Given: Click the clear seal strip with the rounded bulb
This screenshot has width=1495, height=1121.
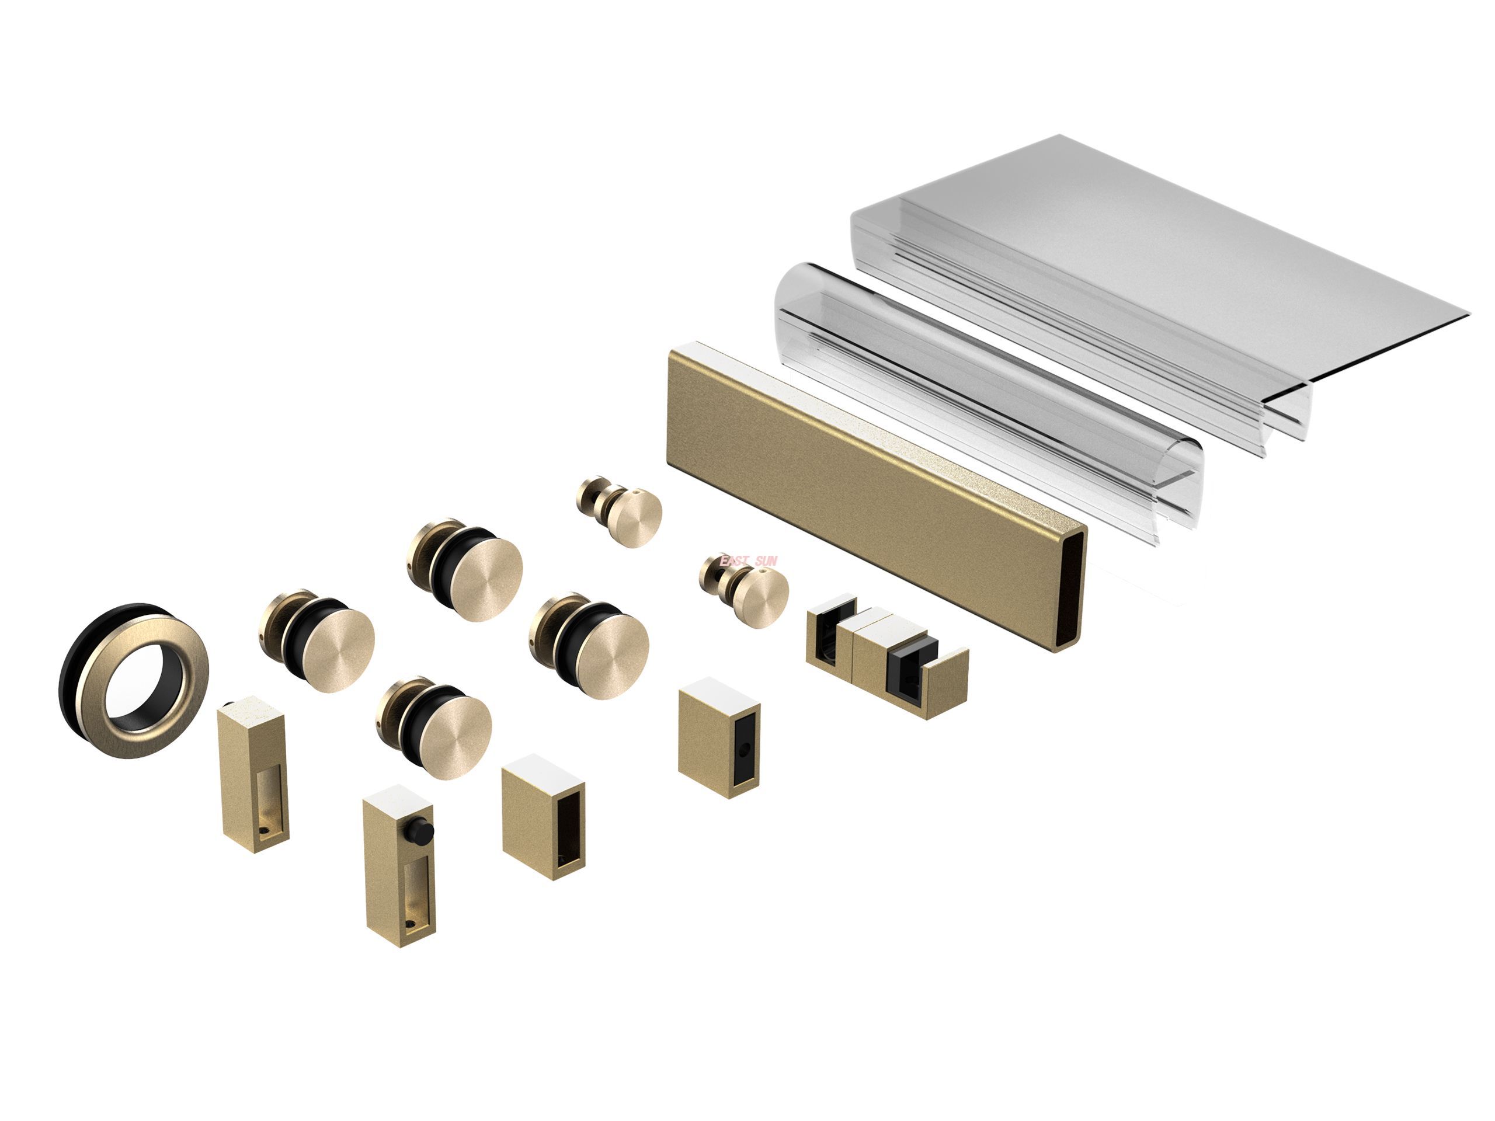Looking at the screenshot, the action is pyautogui.click(x=980, y=392).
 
